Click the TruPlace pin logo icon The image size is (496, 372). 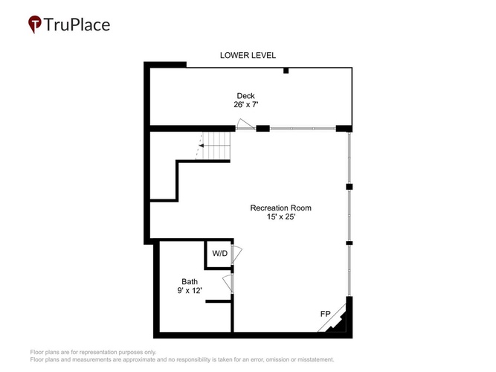coord(34,24)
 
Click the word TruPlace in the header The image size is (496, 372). coord(77,25)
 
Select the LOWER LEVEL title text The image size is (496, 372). coord(248,55)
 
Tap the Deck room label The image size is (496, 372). coord(246,96)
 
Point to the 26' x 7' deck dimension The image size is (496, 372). coord(246,104)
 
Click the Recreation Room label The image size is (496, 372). coord(280,208)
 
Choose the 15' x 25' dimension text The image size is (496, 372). coord(281,217)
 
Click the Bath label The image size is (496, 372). coord(190,281)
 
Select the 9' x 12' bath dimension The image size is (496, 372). coord(190,290)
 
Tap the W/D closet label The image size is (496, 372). coord(220,253)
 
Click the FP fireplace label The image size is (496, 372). coord(326,314)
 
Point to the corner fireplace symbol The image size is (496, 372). coord(335,321)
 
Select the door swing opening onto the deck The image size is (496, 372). coord(245,124)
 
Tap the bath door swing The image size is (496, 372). coord(228,283)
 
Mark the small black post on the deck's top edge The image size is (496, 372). coord(286,71)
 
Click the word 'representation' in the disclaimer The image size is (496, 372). coord(98,352)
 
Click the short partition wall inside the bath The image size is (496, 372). coord(219,301)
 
